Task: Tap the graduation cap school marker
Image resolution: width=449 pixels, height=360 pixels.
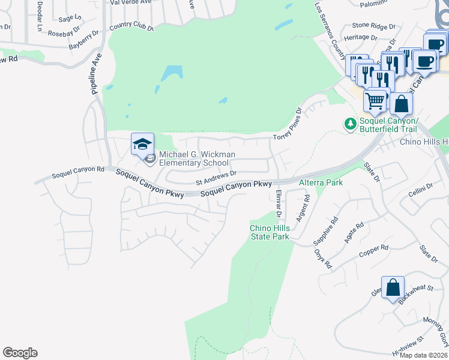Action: tap(143, 145)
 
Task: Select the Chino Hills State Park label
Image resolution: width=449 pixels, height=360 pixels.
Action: tap(270, 232)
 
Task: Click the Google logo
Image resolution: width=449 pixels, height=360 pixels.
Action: tap(20, 353)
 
